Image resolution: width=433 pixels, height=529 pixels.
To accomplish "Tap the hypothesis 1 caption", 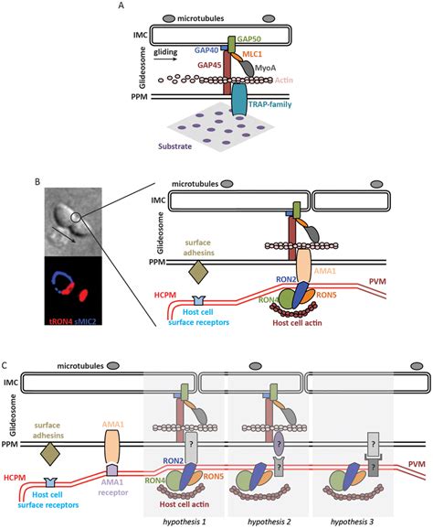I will pos(183,521).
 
